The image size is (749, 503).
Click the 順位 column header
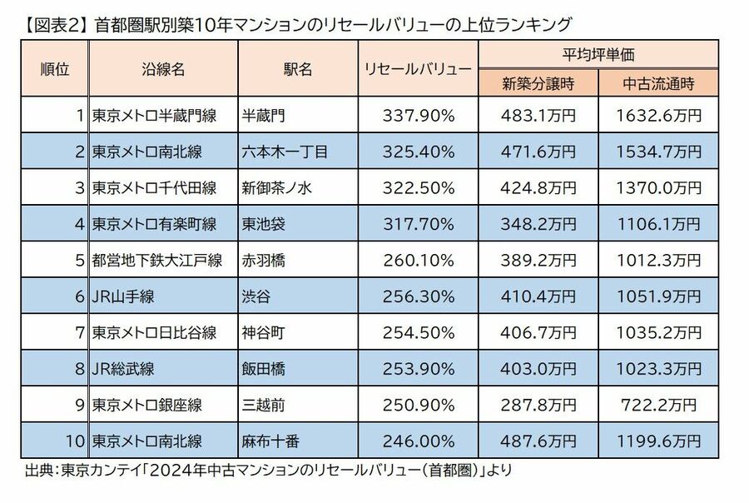(52, 70)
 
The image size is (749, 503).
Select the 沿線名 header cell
(163, 70)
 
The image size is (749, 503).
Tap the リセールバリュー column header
(417, 70)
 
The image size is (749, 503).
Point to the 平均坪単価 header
(598, 55)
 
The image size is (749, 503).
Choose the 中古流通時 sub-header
(658, 83)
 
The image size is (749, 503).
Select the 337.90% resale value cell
(418, 115)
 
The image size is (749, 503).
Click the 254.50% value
(418, 332)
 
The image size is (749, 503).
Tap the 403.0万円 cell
(538, 369)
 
